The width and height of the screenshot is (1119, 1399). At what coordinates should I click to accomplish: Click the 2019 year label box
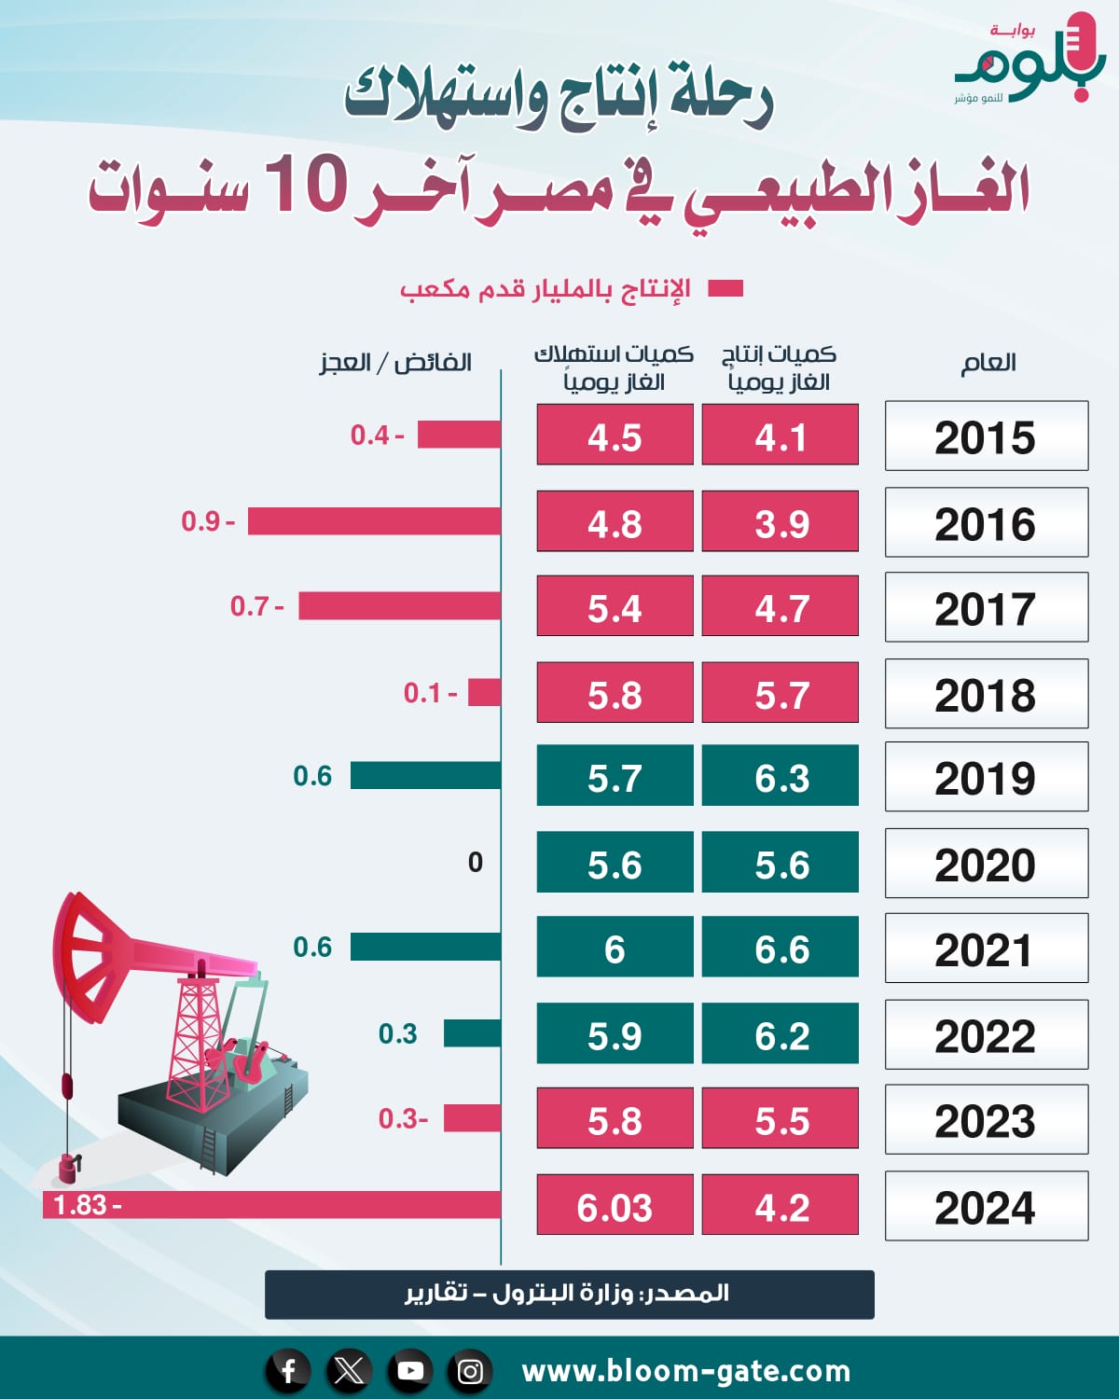click(986, 777)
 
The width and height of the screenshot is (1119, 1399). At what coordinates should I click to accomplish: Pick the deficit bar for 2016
click(374, 521)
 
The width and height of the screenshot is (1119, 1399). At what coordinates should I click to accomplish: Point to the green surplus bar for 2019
click(425, 775)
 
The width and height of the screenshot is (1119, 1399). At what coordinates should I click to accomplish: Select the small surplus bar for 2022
click(472, 1033)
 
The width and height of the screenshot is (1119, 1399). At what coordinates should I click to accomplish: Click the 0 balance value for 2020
click(476, 862)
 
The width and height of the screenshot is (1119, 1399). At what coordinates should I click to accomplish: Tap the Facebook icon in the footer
click(289, 1370)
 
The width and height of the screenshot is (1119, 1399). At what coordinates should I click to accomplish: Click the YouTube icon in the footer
click(410, 1370)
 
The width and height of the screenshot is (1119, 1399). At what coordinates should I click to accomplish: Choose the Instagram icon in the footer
click(471, 1370)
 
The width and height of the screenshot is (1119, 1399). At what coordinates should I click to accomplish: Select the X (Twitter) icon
click(350, 1370)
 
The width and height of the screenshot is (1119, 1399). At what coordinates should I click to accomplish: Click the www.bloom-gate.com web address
click(686, 1371)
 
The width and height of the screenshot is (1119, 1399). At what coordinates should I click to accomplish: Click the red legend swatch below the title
click(725, 289)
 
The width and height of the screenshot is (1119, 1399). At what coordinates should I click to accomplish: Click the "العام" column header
click(988, 363)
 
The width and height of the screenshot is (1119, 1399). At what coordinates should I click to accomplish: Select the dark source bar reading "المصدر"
click(569, 1294)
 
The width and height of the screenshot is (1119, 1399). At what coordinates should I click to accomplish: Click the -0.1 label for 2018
click(430, 693)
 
